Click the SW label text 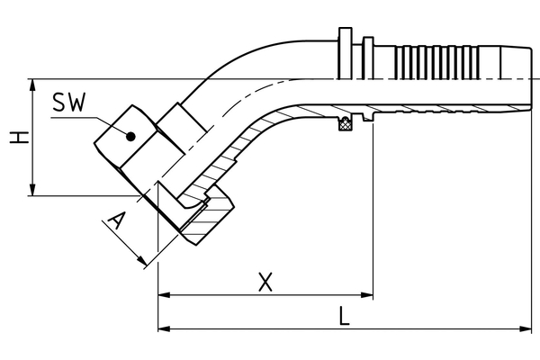click(68, 103)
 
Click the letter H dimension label click(19, 138)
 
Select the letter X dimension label click(265, 282)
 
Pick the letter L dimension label click(344, 317)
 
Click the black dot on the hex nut click(130, 137)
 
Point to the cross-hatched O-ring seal click(345, 123)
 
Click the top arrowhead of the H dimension click(32, 85)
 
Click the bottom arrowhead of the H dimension click(32, 190)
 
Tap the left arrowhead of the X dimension click(164, 295)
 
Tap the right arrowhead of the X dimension click(367, 295)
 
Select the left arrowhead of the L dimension click(164, 328)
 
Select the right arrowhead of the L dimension click(526, 328)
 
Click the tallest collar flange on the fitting click(346, 53)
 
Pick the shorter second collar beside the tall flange click(368, 58)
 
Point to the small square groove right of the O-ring click(367, 117)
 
